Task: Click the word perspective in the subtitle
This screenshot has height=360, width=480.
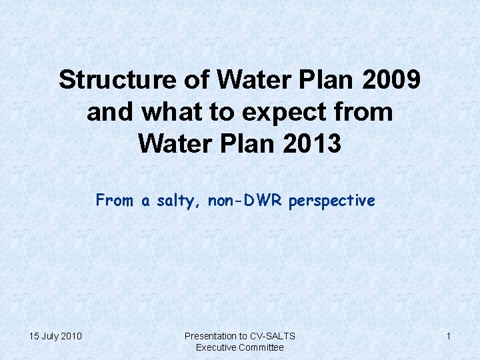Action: (x=332, y=201)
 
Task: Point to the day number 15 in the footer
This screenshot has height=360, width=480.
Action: (x=35, y=336)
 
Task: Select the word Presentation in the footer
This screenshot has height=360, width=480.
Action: (x=211, y=336)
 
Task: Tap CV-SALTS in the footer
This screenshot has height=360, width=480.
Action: (x=273, y=336)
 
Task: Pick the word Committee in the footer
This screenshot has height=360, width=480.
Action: (x=262, y=347)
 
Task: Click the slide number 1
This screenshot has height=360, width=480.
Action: (x=449, y=336)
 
